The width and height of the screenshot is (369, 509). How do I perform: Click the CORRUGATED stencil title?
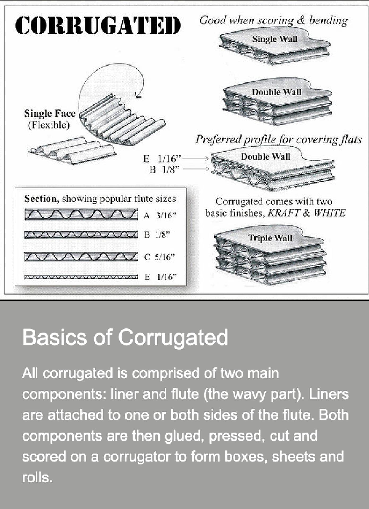click(98, 25)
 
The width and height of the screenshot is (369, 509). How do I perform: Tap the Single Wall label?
click(275, 39)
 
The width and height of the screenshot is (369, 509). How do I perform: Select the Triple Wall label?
click(270, 238)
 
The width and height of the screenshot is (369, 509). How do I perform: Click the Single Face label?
click(50, 113)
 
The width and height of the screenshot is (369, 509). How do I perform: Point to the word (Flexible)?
click(49, 125)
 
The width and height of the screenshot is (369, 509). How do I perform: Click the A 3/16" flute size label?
click(160, 215)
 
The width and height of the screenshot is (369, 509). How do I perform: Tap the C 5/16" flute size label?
click(160, 257)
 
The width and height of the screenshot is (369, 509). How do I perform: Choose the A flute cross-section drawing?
click(81, 214)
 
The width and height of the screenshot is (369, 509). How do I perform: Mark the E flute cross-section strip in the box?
click(81, 277)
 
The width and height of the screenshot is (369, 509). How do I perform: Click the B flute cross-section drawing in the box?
click(81, 235)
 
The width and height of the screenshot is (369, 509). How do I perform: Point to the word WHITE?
click(329, 213)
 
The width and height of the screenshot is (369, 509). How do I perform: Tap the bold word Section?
click(42, 199)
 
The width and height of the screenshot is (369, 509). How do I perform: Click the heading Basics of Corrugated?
click(125, 337)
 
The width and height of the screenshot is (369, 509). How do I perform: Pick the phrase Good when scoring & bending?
click(274, 20)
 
